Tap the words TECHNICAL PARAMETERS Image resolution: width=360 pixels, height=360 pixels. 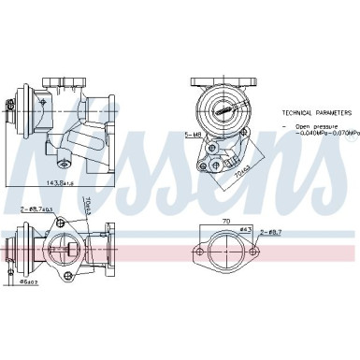[319, 111]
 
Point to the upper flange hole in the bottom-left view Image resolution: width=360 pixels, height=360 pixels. [65, 223]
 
